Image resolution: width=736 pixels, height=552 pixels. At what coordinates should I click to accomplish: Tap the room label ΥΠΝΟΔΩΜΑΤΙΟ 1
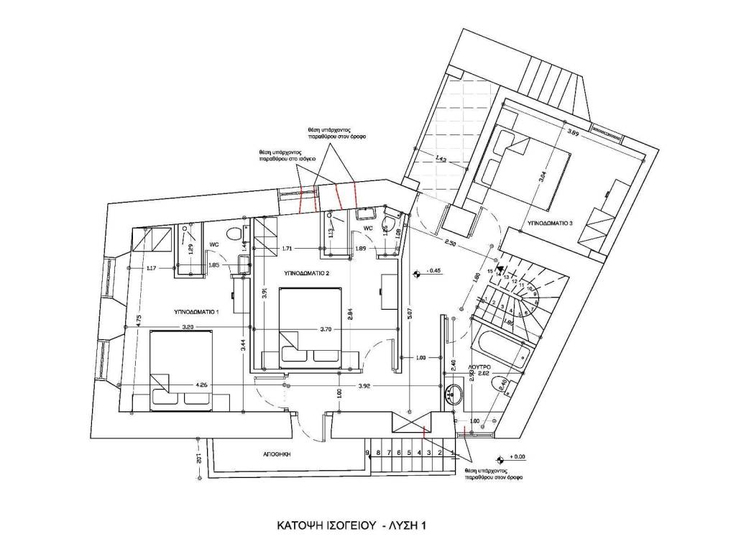click(196, 312)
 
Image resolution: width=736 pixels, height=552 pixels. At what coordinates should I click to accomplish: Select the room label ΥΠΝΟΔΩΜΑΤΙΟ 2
click(307, 274)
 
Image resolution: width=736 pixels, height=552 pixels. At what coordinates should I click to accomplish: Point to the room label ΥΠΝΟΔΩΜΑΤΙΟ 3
click(551, 224)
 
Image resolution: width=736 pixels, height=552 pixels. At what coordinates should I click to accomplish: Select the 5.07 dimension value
click(409, 313)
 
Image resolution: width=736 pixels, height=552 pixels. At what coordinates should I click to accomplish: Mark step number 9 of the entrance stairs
click(367, 453)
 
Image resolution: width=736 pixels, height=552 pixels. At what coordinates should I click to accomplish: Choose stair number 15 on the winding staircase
click(490, 272)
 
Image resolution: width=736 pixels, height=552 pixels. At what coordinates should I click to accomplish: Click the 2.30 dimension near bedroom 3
click(449, 242)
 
